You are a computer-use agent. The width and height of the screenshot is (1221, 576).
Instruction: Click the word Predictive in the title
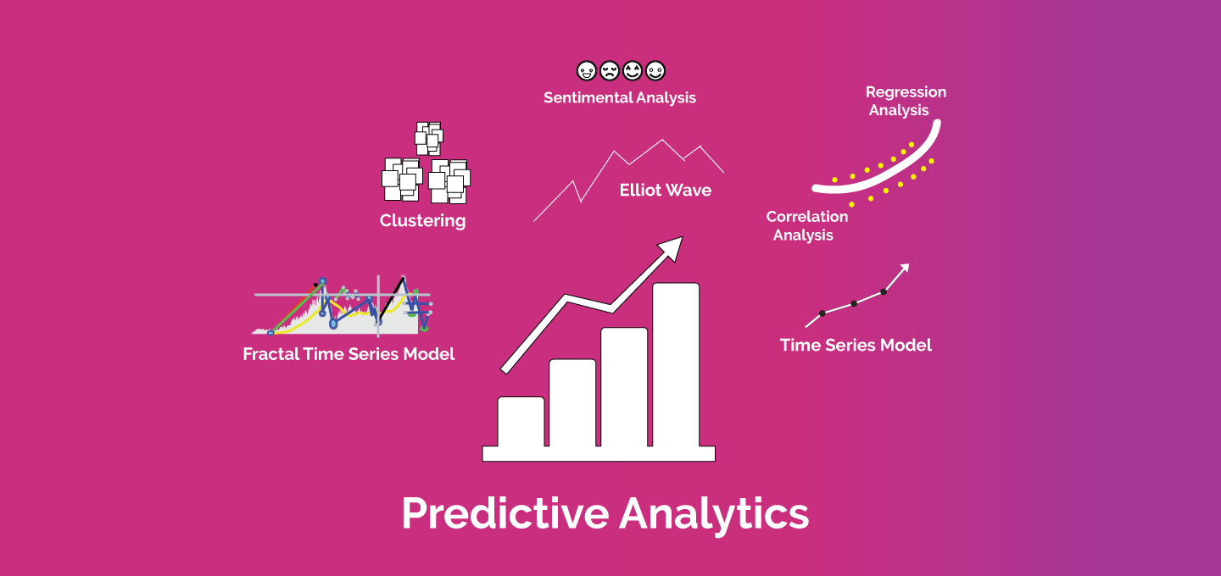click(505, 513)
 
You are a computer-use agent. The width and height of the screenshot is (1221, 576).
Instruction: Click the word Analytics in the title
click(714, 513)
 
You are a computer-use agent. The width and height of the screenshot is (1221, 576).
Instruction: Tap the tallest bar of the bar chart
click(676, 365)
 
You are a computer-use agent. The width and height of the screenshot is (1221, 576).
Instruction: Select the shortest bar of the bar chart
click(521, 422)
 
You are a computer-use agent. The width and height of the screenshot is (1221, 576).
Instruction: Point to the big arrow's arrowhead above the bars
click(672, 248)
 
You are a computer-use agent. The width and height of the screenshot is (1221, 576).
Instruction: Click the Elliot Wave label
click(666, 190)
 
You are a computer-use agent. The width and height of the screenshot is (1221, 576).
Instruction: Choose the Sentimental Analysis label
click(620, 98)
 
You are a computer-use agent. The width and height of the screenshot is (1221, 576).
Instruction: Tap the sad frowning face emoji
click(610, 71)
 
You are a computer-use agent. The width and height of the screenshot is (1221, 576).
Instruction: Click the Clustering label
click(422, 221)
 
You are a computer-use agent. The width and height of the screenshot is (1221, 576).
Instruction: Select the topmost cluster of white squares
click(429, 138)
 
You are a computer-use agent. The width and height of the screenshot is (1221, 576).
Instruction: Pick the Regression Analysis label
click(906, 101)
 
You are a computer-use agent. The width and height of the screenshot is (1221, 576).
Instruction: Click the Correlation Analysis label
click(806, 226)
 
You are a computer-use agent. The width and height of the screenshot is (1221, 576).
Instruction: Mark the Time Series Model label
click(856, 345)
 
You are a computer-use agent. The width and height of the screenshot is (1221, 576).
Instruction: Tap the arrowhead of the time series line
click(904, 268)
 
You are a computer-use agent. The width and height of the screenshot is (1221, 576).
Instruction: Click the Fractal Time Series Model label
click(348, 354)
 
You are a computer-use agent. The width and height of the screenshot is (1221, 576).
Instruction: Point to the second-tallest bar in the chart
click(624, 387)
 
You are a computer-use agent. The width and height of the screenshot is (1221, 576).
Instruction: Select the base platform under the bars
click(599, 453)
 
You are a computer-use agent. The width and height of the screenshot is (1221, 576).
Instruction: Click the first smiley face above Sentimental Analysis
click(587, 71)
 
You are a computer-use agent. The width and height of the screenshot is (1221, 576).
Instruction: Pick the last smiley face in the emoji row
click(655, 71)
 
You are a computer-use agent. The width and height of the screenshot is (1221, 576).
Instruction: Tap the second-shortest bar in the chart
click(572, 403)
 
